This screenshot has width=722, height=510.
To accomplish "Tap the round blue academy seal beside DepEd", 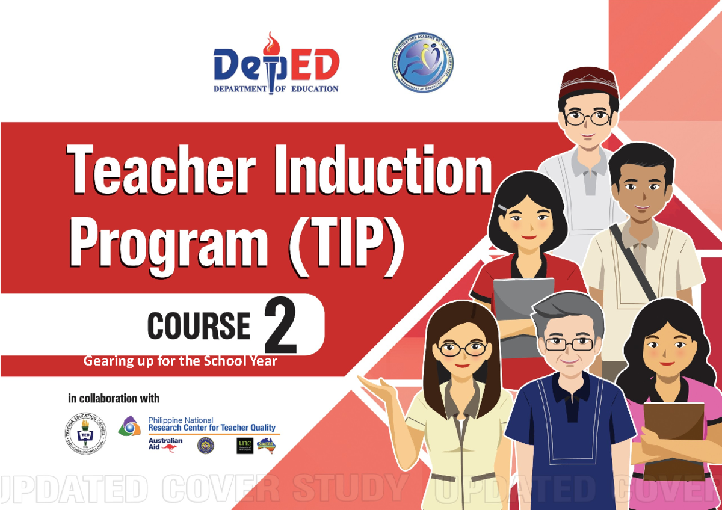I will point(422,63).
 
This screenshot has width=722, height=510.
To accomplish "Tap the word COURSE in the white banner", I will point(199,326).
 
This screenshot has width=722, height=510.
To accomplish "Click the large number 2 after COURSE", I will point(280,327).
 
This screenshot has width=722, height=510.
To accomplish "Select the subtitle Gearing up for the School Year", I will point(180,361).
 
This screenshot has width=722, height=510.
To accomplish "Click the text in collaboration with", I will point(114,398).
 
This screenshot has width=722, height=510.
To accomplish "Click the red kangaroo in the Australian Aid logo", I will point(168,448).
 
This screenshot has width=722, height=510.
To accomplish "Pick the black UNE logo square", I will point(244,446).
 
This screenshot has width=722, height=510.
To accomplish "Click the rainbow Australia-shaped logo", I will point(265,445).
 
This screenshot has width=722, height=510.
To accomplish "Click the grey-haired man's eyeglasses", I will point(568,344).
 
